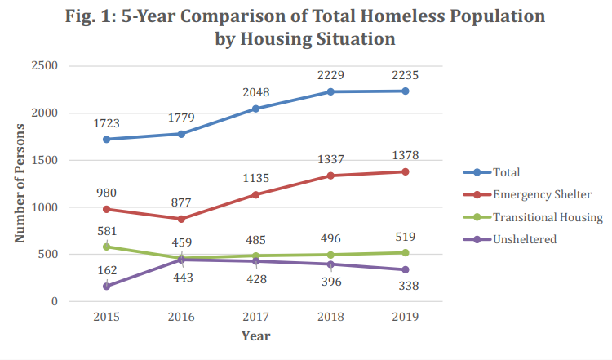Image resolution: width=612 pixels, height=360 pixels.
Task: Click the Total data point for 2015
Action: pyautogui.click(x=107, y=139)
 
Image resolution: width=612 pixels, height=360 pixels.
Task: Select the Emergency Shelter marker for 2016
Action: pyautogui.click(x=181, y=219)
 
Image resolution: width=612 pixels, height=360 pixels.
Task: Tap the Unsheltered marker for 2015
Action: pyautogui.click(x=107, y=286)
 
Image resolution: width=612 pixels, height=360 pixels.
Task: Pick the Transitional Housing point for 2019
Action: pyautogui.click(x=406, y=252)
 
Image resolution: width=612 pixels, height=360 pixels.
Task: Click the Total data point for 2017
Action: pyautogui.click(x=256, y=109)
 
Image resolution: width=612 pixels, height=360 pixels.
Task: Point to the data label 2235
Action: pyautogui.click(x=406, y=75)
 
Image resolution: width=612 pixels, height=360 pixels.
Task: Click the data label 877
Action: pyautogui.click(x=181, y=202)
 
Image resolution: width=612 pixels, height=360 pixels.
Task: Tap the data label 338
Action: pyautogui.click(x=406, y=287)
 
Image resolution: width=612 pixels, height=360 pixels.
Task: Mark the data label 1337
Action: pyautogui.click(x=330, y=158)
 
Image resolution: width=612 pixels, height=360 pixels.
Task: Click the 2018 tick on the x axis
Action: pyautogui.click(x=330, y=317)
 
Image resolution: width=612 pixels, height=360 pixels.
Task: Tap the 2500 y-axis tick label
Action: pyautogui.click(x=44, y=66)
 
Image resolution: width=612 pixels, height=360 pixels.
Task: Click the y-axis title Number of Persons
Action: pyautogui.click(x=20, y=183)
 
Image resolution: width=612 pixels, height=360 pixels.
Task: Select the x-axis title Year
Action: pyautogui.click(x=255, y=336)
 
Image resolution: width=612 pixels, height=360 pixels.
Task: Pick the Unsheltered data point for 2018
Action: pyautogui.click(x=330, y=264)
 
